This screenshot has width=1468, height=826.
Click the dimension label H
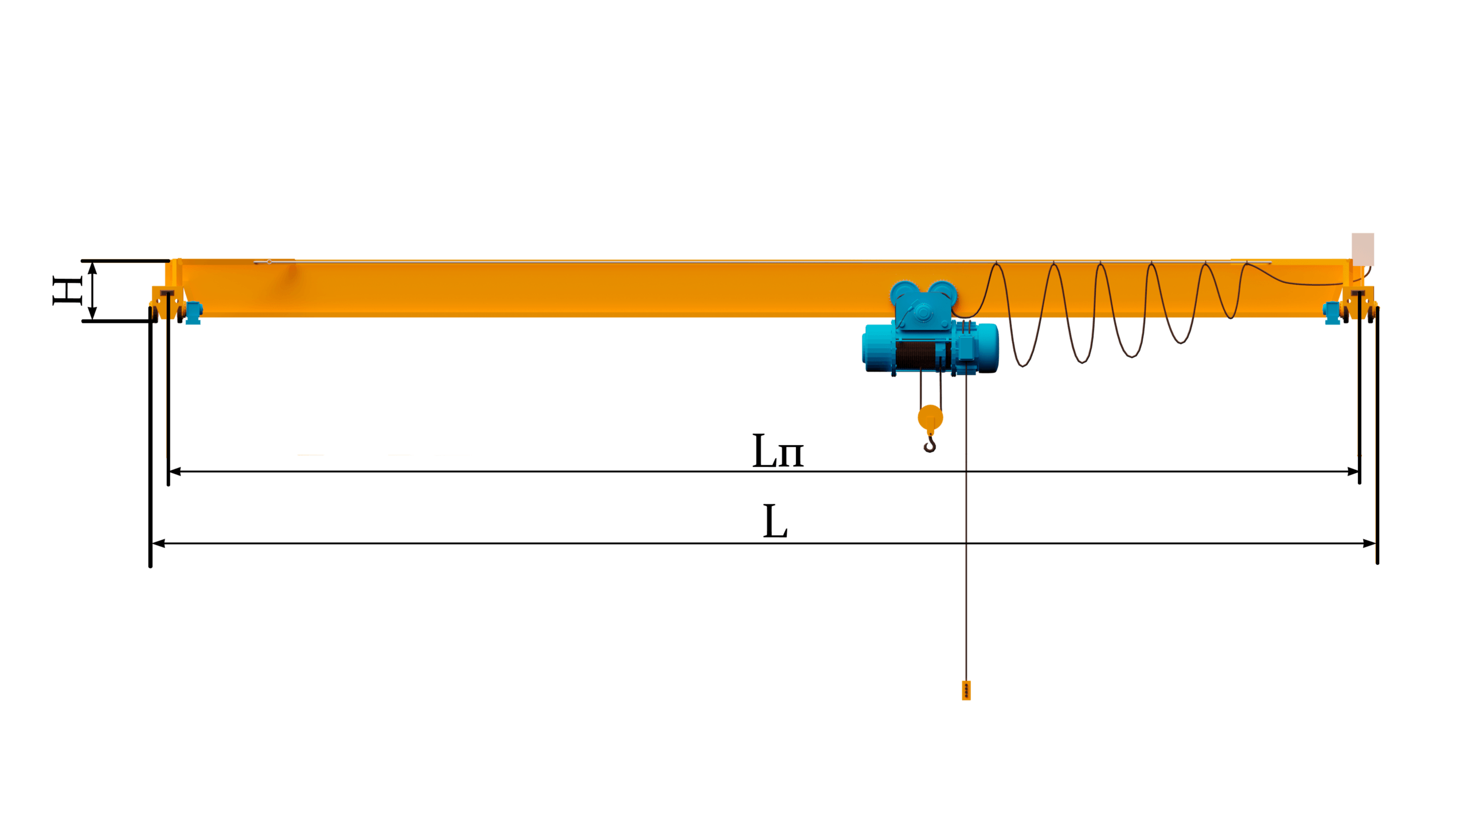click(68, 291)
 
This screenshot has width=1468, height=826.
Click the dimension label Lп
click(778, 451)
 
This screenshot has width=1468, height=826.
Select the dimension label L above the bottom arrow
click(775, 521)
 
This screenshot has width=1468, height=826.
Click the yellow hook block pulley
click(930, 418)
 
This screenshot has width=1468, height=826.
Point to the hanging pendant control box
click(966, 690)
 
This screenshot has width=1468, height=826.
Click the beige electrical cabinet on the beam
click(1362, 249)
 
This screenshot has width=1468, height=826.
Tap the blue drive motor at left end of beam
click(194, 313)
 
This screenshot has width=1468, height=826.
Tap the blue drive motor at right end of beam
click(1332, 313)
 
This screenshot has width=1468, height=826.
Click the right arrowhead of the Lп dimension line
click(1353, 472)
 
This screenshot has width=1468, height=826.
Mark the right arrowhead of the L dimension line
click(1370, 543)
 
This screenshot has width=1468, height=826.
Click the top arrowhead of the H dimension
click(92, 268)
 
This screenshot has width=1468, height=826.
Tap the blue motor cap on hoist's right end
click(987, 348)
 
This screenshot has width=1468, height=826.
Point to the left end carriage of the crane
click(167, 303)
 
